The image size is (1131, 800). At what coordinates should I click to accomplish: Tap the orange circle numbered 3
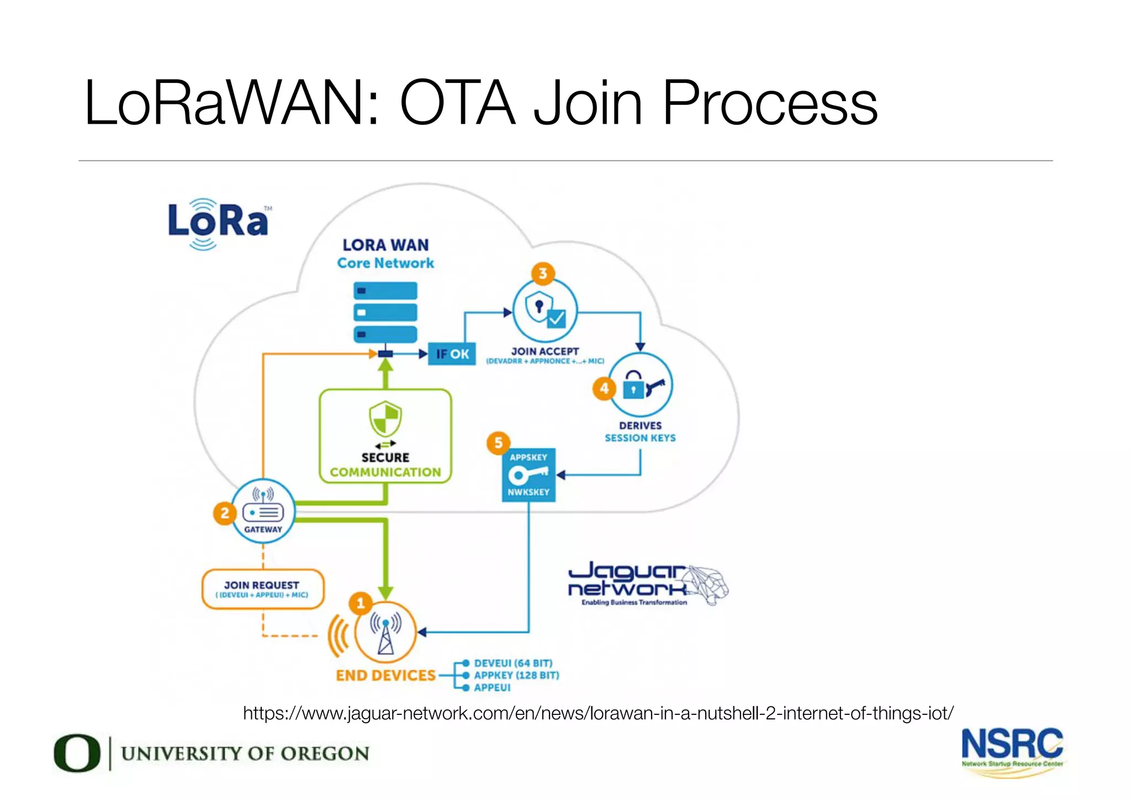coord(543,273)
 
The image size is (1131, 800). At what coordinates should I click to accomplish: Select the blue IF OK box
coord(452,354)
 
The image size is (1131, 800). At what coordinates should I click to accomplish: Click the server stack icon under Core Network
coord(385,312)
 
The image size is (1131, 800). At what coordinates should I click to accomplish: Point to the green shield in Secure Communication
coord(385,418)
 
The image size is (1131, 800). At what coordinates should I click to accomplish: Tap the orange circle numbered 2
coord(224,513)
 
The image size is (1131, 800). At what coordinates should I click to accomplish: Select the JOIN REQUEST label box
coord(263,589)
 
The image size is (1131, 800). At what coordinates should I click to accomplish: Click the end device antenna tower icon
coord(385,633)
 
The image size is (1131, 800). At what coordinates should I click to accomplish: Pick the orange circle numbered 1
coord(361,603)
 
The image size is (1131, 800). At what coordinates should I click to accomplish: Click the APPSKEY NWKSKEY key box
coord(528,475)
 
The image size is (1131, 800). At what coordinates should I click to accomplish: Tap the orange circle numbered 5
coord(498,443)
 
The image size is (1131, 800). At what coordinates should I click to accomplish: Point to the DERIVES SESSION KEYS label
coord(640,431)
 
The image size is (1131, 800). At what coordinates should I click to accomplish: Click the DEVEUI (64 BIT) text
coord(513,663)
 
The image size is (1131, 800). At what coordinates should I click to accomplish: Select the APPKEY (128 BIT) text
coord(516,675)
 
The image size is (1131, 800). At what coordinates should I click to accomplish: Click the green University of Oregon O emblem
coord(77,752)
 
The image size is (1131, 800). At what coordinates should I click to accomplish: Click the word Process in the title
coord(770,103)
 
